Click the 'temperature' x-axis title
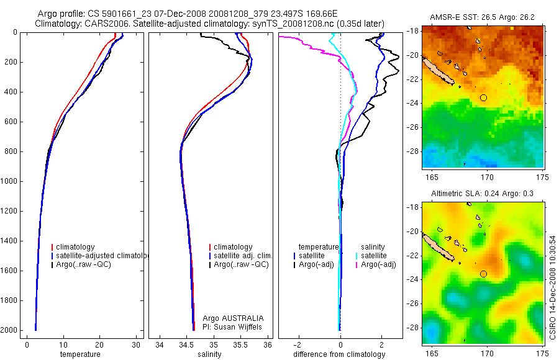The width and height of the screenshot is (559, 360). pos(80,354)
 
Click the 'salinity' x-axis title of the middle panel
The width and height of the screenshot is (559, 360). pos(209,354)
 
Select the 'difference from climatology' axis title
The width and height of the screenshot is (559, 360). pos(339,354)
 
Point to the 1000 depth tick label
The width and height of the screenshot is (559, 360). pos(9,181)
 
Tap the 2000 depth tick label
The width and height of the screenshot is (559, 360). pos(9,330)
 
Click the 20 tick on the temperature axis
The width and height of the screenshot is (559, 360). pos(99,344)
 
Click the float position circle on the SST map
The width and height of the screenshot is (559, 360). pos(484,97)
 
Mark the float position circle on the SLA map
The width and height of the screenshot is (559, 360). pos(484,274)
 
